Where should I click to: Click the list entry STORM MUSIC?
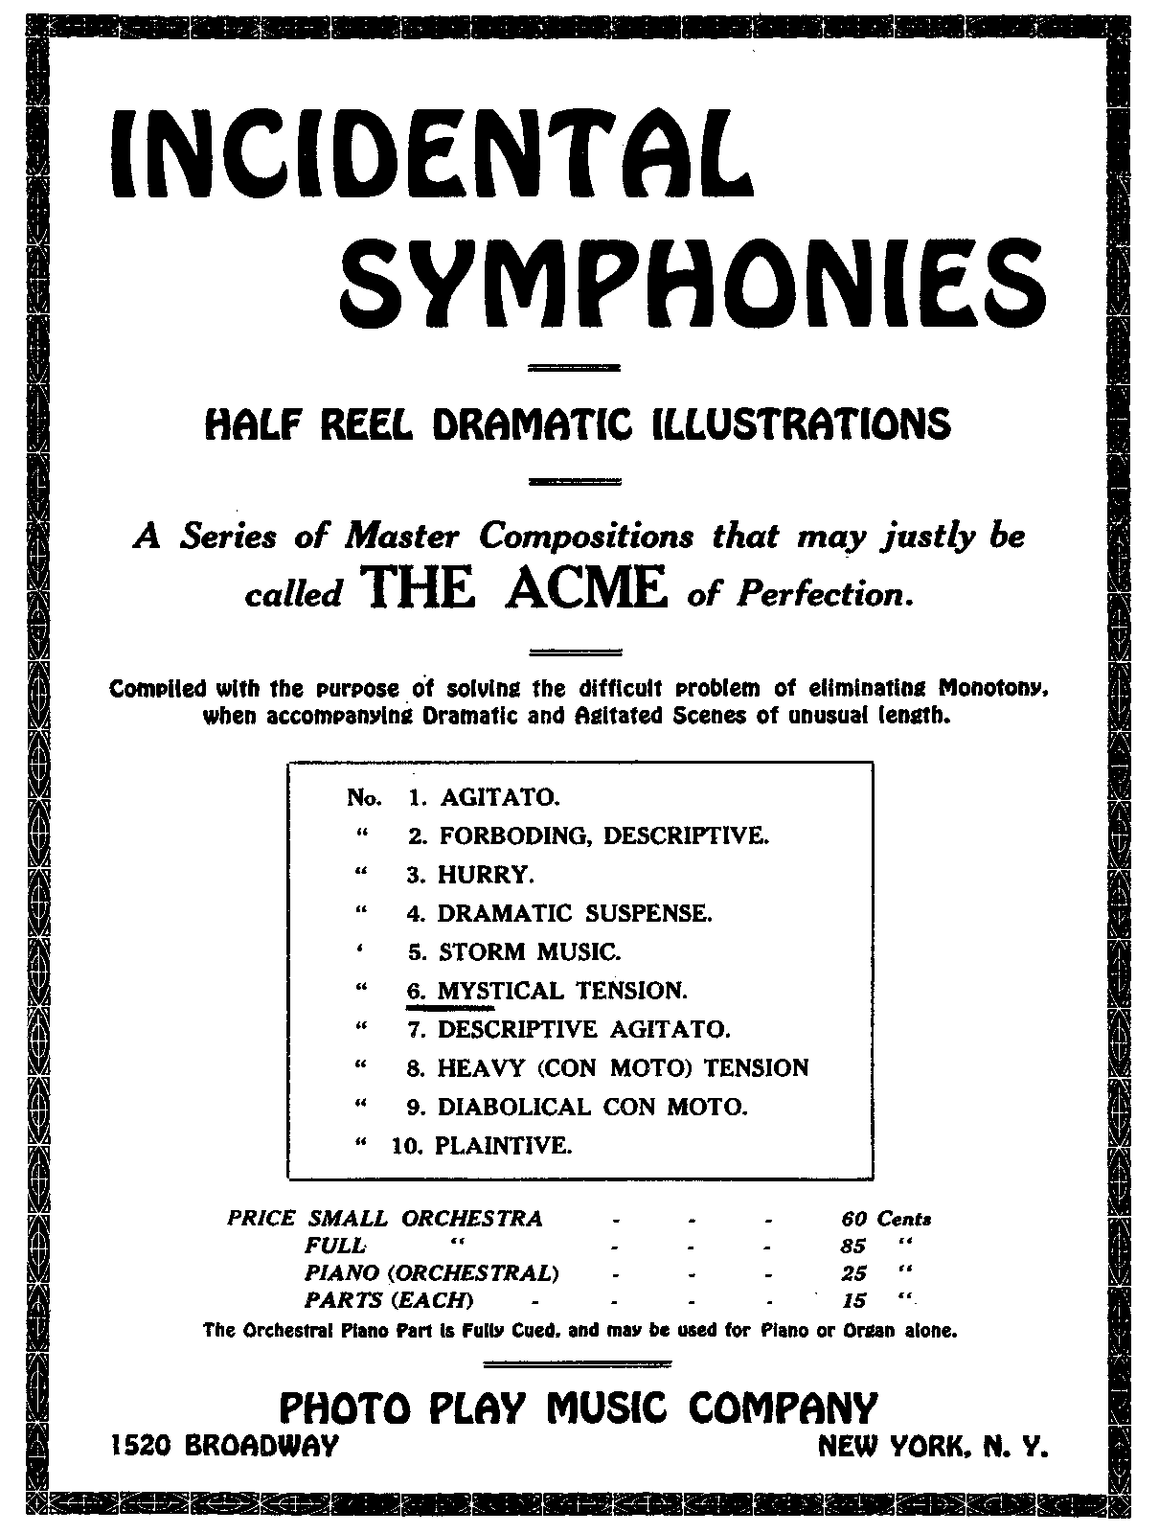[529, 951]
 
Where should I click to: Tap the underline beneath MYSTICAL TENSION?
[450, 1008]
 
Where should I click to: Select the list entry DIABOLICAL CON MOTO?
[591, 1107]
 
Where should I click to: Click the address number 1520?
[140, 1446]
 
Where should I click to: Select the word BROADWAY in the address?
[261, 1446]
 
